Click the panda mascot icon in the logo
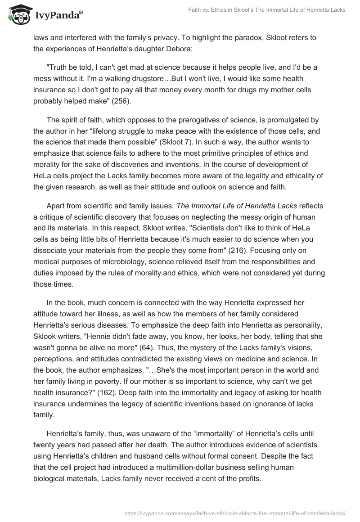pyautogui.click(x=16, y=16)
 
